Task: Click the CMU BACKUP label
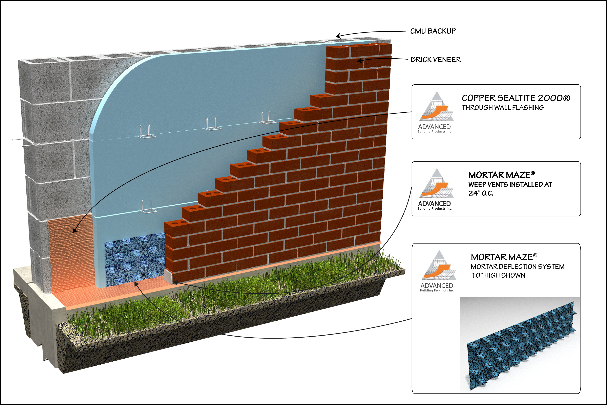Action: click(433, 31)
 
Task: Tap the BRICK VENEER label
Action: click(436, 60)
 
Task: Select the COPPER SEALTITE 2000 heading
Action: click(516, 98)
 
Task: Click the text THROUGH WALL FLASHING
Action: click(503, 108)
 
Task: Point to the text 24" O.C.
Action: click(481, 193)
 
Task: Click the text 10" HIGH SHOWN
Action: click(498, 275)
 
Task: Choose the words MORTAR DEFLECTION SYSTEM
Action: click(517, 267)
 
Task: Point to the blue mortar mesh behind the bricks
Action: click(134, 258)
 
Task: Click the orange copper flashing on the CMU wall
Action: click(70, 253)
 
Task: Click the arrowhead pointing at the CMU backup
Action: click(338, 36)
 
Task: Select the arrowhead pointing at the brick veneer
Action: click(359, 61)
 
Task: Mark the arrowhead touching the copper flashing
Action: click(74, 231)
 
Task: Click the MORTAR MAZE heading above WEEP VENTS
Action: click(501, 175)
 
